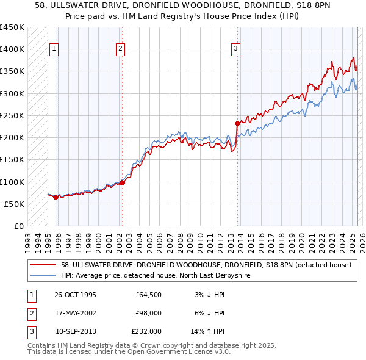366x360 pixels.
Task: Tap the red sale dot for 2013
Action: pos(237,123)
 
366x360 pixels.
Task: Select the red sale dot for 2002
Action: pos(123,182)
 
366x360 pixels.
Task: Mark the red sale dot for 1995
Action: pos(56,197)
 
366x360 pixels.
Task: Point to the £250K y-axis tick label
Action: pos(12,115)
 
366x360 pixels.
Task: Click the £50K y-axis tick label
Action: pos(15,204)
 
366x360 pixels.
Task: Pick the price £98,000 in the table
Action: pos(149,314)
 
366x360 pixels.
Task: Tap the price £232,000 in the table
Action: pos(146,332)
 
